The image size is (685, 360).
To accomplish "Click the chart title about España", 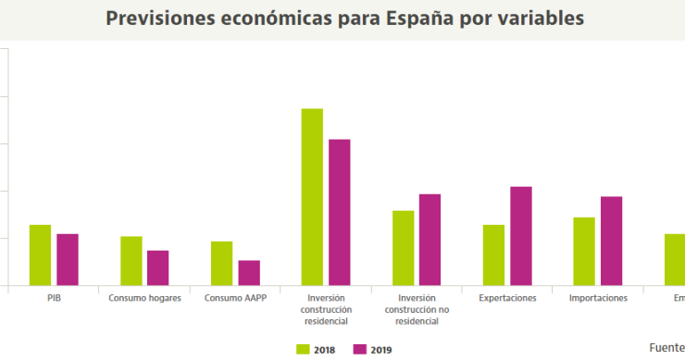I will coord(344,19).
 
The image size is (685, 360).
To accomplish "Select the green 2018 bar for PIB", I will coord(40,254).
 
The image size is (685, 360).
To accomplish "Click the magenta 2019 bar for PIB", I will coord(68,259).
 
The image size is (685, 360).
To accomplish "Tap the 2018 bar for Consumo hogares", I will coord(131,260).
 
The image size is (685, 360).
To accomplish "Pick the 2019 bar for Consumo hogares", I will coord(158,267).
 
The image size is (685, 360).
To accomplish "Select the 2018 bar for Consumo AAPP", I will coord(222,263).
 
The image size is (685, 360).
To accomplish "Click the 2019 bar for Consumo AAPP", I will coord(249,272).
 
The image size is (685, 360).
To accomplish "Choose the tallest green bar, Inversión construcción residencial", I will coord(312,196).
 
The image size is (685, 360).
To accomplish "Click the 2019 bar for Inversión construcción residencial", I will coord(340,212).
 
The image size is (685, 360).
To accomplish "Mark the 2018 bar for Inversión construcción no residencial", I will coord(403,247).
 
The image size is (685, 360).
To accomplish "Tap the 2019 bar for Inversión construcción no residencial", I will coord(430,239).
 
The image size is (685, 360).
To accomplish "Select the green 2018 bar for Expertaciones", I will coord(493,254).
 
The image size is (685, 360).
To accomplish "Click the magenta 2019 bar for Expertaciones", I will coord(520,235).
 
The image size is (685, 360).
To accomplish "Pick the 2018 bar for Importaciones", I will coord(584,251).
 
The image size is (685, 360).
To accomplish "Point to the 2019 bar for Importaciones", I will coord(611,241).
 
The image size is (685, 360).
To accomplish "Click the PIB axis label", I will coord(54,298).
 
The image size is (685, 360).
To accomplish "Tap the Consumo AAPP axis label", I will coord(235,298).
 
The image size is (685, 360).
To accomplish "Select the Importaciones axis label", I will coord(598,298).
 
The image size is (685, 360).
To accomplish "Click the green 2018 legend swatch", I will coord(302,349).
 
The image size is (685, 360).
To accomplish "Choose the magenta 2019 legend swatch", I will coord(358,349).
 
